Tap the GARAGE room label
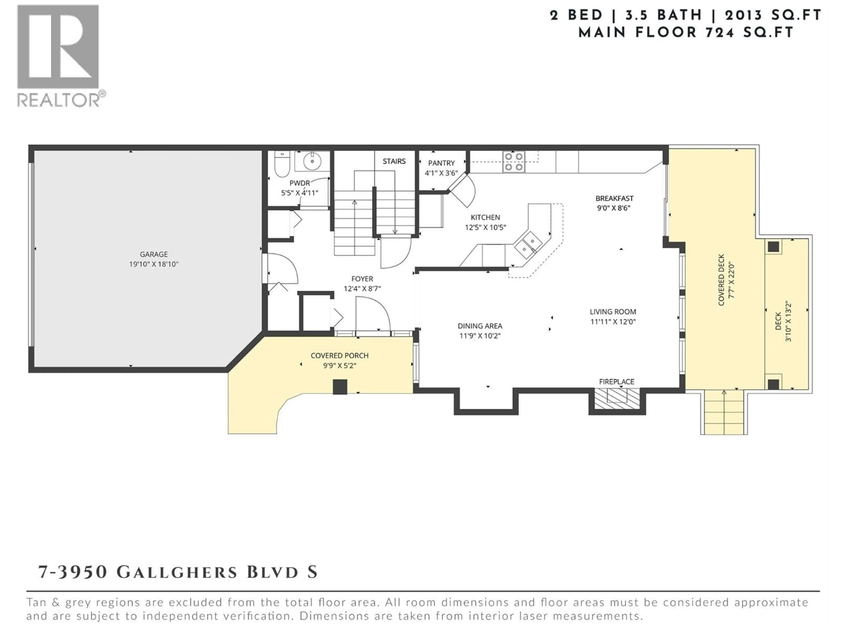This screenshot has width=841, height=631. pyautogui.click(x=154, y=254)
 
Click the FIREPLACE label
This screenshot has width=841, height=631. pyautogui.click(x=617, y=381)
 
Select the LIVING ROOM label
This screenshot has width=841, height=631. pyautogui.click(x=613, y=312)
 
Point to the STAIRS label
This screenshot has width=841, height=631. pyautogui.click(x=394, y=161)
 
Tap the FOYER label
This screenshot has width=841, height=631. pyautogui.click(x=362, y=279)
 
